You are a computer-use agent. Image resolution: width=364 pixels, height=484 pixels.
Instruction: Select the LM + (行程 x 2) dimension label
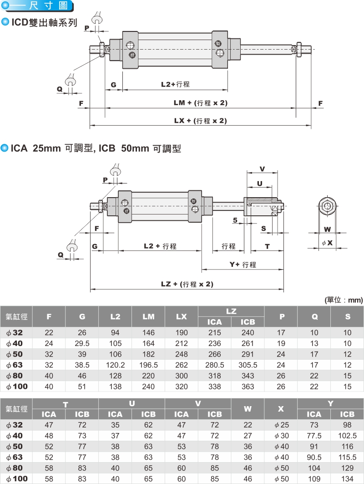pos(200,103)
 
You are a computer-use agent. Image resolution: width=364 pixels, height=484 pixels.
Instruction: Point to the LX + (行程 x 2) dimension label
pos(200,121)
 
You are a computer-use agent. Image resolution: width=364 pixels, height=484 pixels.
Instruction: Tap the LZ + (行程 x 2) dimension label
pos(187,284)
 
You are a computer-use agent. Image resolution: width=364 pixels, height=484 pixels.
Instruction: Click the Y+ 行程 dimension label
pos(243,265)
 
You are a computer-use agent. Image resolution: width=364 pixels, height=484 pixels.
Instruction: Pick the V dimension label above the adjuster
pos(262,169)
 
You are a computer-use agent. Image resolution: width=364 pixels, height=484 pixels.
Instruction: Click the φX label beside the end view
pos(327,243)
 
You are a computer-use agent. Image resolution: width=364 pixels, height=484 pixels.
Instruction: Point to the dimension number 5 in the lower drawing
pos(235,220)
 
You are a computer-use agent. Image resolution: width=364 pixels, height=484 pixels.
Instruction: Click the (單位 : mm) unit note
pos(344,300)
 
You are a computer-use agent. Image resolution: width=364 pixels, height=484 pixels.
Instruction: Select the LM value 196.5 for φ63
pos(148,365)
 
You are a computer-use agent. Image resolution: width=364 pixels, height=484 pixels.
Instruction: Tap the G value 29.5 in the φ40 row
pos(82,343)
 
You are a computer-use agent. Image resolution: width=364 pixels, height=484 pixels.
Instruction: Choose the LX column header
pos(182,316)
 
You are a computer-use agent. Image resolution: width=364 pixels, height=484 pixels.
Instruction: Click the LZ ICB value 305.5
pos(248,365)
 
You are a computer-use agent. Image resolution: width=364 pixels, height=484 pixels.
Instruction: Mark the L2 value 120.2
pos(115,365)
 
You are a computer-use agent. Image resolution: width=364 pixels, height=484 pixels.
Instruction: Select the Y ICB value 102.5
pos(347,436)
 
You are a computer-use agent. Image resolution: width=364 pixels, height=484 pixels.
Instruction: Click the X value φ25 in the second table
pos(281,425)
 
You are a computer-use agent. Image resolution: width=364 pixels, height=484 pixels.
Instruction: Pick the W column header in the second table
pos(248,409)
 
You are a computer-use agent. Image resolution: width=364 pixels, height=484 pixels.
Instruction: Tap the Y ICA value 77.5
pos(314,436)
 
